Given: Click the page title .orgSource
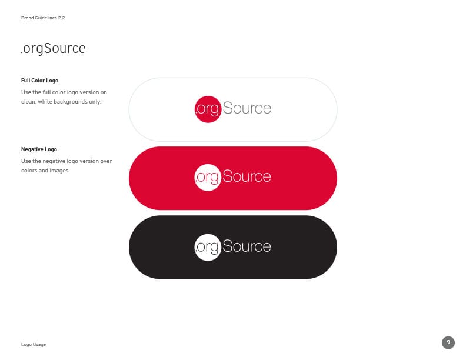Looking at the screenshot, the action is point(53,49).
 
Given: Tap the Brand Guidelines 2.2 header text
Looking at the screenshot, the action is point(43,18).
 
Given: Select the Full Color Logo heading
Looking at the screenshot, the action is point(39,81).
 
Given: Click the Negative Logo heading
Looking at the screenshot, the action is point(39,149).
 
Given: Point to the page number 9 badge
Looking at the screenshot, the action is point(448,342).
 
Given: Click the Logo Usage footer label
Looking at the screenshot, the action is point(34,345).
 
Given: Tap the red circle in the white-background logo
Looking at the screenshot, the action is point(208,109).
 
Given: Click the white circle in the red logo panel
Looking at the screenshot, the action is point(208,178).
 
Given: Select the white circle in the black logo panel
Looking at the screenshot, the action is point(208,247).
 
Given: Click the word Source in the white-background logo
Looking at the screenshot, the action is point(247,108).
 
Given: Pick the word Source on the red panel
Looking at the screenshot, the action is point(247,176).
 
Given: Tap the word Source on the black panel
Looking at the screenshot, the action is point(247,246).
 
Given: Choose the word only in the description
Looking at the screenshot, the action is point(95,102).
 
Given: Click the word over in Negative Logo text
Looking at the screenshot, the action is point(106,161).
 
